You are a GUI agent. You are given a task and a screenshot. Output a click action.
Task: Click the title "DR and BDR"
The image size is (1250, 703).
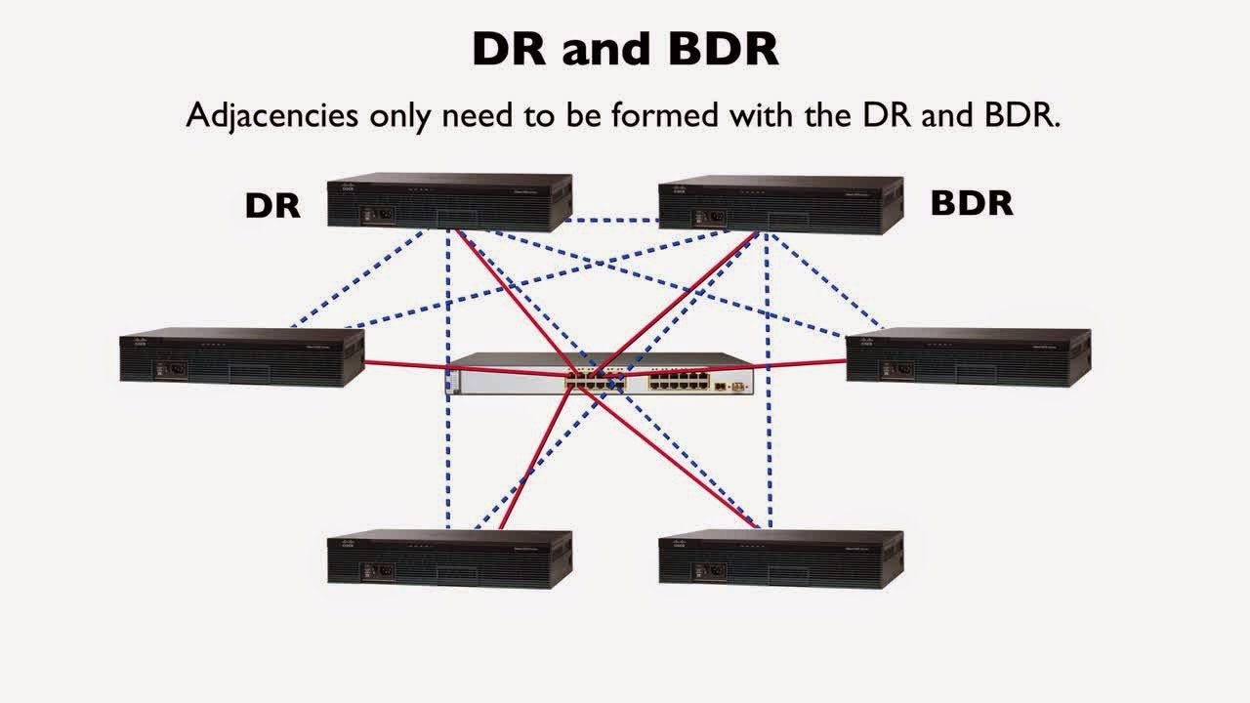click(625, 48)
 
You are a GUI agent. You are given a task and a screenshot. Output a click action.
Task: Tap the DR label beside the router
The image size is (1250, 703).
click(272, 205)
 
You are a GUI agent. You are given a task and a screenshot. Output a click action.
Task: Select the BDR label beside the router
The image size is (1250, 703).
click(972, 203)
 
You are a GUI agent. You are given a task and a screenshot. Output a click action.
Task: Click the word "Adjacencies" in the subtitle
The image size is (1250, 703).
click(273, 115)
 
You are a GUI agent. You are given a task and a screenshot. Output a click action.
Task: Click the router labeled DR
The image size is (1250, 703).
click(449, 202)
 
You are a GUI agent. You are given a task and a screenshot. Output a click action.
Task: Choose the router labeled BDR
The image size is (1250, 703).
click(780, 203)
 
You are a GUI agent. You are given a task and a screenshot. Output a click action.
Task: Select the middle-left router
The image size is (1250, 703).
click(241, 356)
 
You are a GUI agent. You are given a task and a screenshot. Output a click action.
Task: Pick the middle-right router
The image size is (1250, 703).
click(968, 357)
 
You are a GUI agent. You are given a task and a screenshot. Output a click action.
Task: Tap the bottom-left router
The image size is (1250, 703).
click(449, 558)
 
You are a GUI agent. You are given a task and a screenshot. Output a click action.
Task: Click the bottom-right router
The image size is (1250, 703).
click(780, 558)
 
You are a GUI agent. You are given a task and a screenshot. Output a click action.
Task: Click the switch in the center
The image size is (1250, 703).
click(601, 374)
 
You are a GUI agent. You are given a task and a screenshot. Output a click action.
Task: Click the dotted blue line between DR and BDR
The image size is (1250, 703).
click(615, 220)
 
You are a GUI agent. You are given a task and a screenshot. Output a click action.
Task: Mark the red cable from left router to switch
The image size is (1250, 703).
click(410, 365)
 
